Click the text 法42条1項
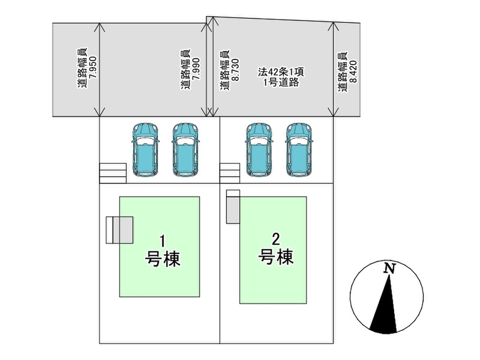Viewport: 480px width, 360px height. [x=275, y=72]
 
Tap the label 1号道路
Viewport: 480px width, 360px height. [x=275, y=83]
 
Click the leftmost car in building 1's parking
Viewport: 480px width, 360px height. [x=145, y=149]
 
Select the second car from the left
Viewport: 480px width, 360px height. [x=185, y=149]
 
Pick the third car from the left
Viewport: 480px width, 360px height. [x=259, y=149]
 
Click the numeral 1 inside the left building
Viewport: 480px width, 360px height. [x=162, y=240]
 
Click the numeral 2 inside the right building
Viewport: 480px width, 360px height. [x=276, y=238]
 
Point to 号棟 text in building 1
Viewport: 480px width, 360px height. [x=162, y=259]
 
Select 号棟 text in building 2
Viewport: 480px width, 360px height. [x=276, y=257]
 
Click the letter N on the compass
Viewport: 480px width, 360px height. [x=390, y=269]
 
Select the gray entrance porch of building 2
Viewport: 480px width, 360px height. [x=233, y=210]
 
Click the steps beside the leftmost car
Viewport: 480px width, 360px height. [x=112, y=173]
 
